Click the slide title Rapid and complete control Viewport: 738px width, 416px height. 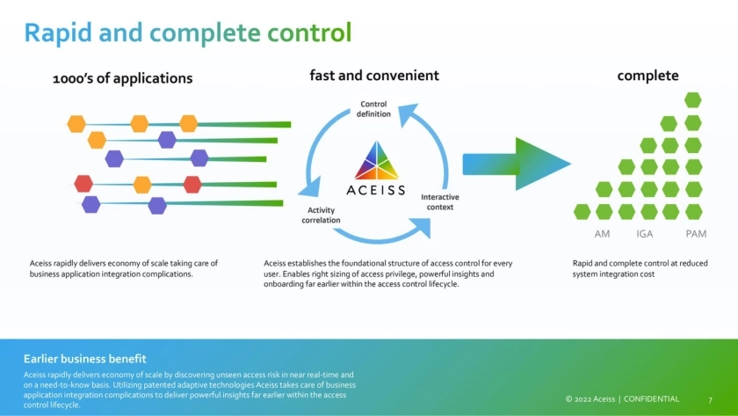[187, 33]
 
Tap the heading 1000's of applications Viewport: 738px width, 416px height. [122, 78]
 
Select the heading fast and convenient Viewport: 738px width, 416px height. [374, 76]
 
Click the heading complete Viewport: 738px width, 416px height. [648, 76]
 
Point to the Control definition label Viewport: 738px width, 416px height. [373, 109]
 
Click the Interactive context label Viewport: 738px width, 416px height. [439, 201]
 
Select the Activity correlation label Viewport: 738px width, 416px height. [321, 215]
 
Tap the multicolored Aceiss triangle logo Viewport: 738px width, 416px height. [375, 161]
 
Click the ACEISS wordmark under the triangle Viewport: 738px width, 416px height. [375, 189]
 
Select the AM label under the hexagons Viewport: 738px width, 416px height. [602, 234]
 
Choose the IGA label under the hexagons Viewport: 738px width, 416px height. [645, 234]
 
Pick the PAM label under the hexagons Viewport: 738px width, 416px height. [696, 234]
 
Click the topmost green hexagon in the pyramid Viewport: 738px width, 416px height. [693, 100]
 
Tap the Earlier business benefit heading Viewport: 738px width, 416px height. [84, 359]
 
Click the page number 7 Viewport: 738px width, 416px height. [710, 400]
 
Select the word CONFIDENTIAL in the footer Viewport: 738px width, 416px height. [651, 399]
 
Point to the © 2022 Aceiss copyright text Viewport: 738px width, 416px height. [591, 399]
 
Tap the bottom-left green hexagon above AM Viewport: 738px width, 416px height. [582, 211]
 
